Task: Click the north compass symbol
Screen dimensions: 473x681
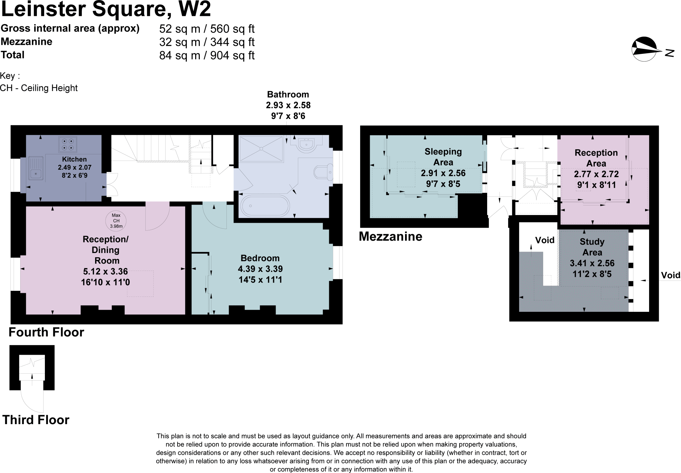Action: pos(646,50)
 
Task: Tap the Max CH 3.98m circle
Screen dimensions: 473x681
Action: pos(116,221)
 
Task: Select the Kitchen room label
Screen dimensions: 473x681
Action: pos(74,160)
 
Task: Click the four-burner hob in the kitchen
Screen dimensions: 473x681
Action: pos(68,144)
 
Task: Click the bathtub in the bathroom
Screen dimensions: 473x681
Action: pos(265,206)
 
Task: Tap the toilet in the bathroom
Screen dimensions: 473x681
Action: pos(323,172)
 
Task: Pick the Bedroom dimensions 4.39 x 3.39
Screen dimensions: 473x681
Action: pos(260,269)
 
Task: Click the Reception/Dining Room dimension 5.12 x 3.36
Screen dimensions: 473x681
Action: pos(105,272)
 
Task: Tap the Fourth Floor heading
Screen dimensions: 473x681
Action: pos(46,332)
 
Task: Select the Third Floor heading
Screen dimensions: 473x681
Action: pos(36,420)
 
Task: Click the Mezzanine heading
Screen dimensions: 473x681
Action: pos(390,237)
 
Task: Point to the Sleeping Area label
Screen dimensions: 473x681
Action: pos(443,157)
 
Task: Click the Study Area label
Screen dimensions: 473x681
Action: pos(592,247)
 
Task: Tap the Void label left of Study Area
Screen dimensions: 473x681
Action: pos(545,240)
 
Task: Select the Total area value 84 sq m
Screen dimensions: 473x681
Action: pos(180,55)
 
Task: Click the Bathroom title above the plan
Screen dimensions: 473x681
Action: pos(288,95)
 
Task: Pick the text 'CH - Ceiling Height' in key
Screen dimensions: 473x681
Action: pos(39,88)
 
